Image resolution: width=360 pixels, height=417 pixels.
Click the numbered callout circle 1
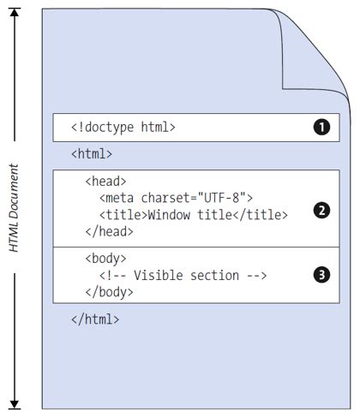[x=321, y=128]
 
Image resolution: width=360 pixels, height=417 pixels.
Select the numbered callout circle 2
[x=321, y=211]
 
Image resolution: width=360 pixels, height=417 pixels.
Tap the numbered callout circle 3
[x=321, y=275]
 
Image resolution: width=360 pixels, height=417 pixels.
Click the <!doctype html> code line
[x=123, y=128]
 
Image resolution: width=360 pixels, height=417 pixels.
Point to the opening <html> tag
[x=92, y=154]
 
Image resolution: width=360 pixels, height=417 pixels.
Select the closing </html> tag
[x=95, y=319]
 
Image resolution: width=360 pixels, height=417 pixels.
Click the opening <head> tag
[x=106, y=182]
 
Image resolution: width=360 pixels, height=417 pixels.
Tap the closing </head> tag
[x=110, y=230]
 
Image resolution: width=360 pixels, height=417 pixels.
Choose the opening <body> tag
[x=106, y=259]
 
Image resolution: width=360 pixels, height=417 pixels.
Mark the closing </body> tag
[x=110, y=291]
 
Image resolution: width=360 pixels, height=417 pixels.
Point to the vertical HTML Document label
[x=14, y=208]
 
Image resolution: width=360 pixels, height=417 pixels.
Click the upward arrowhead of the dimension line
[x=15, y=14]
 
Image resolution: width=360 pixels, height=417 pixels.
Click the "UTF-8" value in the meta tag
[x=223, y=198]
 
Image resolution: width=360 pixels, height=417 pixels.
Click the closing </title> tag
[x=260, y=214]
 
